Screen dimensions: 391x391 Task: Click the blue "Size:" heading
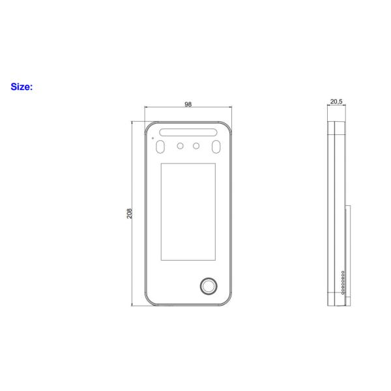pyautogui.click(x=22, y=87)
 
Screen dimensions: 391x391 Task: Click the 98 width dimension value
pyautogui.click(x=188, y=104)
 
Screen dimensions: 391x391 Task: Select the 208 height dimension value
pyautogui.click(x=129, y=214)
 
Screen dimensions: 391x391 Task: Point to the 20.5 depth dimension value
pyautogui.click(x=336, y=101)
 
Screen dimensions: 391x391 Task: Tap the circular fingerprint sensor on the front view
pyautogui.click(x=209, y=286)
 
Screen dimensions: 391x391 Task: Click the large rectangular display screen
pyautogui.click(x=188, y=212)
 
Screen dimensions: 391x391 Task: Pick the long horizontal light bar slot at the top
pyautogui.click(x=188, y=132)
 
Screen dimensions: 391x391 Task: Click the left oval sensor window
pyautogui.click(x=160, y=147)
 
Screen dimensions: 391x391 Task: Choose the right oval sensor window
pyautogui.click(x=216, y=147)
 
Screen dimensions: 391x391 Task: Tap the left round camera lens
pyautogui.click(x=180, y=146)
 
